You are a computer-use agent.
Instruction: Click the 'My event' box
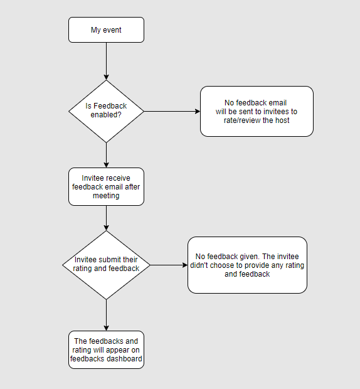[106, 29]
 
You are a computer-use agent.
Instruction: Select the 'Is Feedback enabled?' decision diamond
[106, 112]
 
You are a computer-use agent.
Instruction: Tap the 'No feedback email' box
[257, 112]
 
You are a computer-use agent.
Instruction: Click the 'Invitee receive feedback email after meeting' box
[106, 186]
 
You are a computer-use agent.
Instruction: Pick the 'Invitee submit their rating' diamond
[106, 265]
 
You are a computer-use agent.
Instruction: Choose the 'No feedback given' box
[247, 265]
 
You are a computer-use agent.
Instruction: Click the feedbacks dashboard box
[106, 350]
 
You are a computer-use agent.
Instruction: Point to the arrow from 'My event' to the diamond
[106, 61]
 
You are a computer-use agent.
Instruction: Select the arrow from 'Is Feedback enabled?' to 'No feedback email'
[172, 112]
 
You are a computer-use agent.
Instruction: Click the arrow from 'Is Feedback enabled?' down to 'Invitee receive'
[106, 156]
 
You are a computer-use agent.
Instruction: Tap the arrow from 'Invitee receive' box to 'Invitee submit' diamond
[106, 218]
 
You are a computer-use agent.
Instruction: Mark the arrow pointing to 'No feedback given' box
[169, 265]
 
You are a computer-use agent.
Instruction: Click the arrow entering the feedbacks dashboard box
[106, 315]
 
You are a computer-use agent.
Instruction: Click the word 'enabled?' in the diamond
[106, 115]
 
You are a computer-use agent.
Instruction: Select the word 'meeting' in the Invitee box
[106, 196]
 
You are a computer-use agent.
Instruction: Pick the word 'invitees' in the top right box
[275, 112]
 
